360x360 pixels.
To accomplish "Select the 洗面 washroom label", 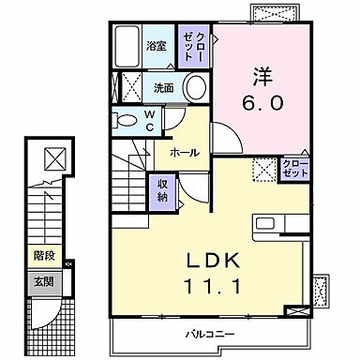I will coord(163,89).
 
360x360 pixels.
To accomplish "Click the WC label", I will coord(150,120).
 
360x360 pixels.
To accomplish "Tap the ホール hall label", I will coord(183,150).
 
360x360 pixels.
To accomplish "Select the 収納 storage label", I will coord(162,190).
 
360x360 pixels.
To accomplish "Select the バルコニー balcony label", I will coord(202,334).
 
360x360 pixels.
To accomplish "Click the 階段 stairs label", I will coord(43,253).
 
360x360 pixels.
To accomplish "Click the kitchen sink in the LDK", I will coord(266,223).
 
